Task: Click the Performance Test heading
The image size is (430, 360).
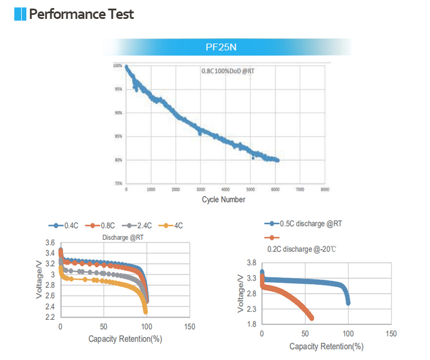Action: [x=81, y=14]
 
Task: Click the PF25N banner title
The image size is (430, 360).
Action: [x=221, y=47]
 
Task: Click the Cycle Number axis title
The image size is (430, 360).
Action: [x=224, y=199]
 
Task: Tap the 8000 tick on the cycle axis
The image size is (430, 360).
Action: [x=325, y=189]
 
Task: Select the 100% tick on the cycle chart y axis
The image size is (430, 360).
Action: [x=118, y=66]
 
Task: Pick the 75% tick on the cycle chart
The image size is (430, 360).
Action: [x=118, y=183]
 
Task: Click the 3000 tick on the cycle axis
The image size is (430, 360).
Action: [x=201, y=189]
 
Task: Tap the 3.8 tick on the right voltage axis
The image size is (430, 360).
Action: [x=251, y=263]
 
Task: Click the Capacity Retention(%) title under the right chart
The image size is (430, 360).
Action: [x=326, y=346]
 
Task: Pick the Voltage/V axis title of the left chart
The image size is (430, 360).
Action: [x=39, y=279]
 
